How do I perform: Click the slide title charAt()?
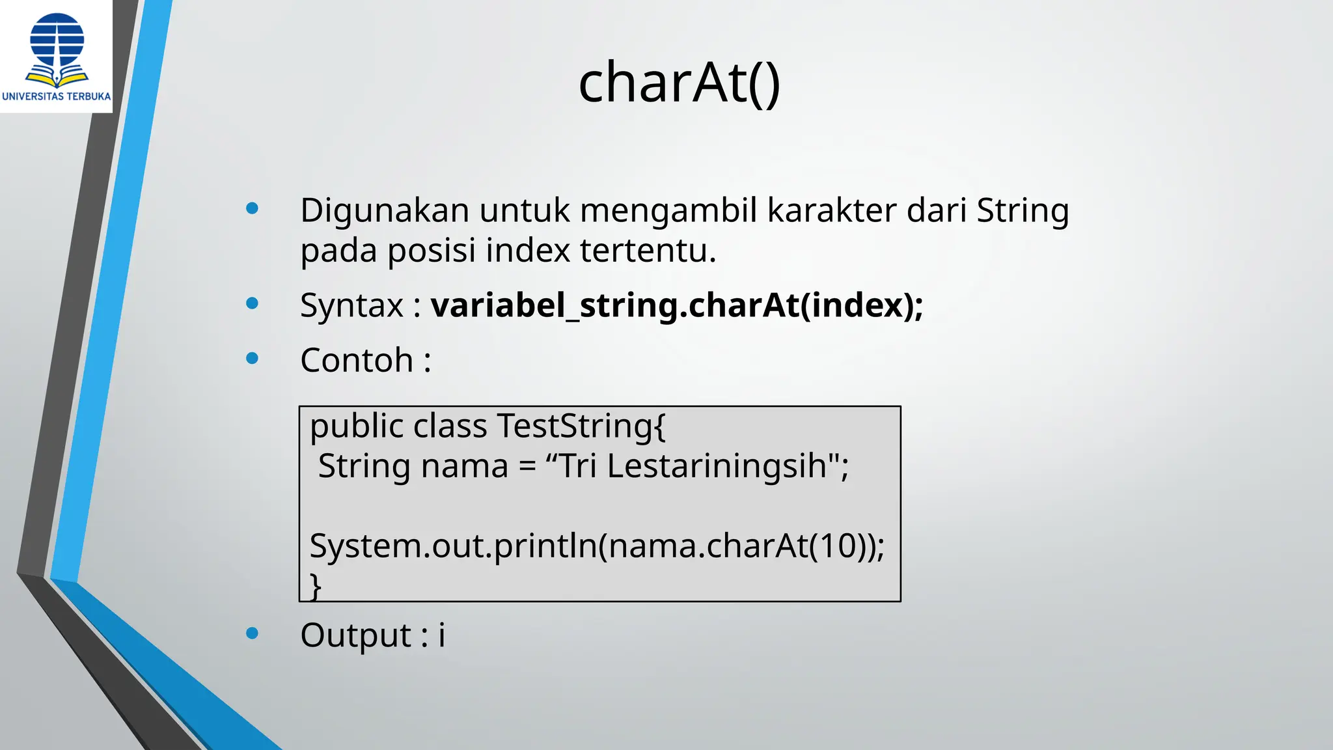pyautogui.click(x=679, y=83)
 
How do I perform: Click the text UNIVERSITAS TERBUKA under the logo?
pyautogui.click(x=57, y=96)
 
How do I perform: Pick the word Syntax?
pyautogui.click(x=351, y=306)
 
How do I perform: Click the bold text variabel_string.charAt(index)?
pyautogui.click(x=677, y=306)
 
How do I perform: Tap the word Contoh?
pyautogui.click(x=357, y=360)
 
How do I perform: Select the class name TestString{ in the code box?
pyautogui.click(x=581, y=427)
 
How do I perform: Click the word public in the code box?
pyautogui.click(x=356, y=427)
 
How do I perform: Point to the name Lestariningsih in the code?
pyautogui.click(x=716, y=466)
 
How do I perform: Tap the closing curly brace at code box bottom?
pyautogui.click(x=315, y=586)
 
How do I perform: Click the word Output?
pyautogui.click(x=355, y=635)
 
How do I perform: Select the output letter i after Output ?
pyautogui.click(x=442, y=635)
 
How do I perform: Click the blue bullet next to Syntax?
pyautogui.click(x=253, y=303)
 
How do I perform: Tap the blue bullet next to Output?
pyautogui.click(x=253, y=633)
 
